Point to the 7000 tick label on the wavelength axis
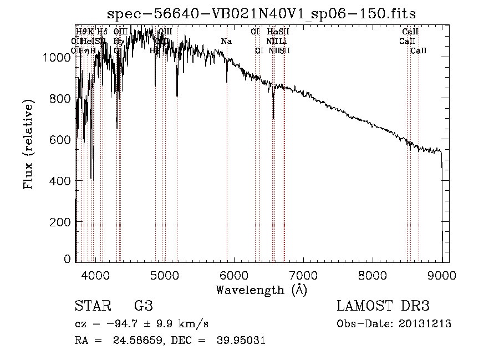pyautogui.click(x=303, y=275)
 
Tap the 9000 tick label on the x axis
pyautogui.click(x=442, y=275)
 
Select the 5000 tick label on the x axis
pyautogui.click(x=165, y=275)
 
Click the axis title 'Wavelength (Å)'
pyautogui.click(x=261, y=290)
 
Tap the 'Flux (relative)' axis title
pyautogui.click(x=28, y=144)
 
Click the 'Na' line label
pyautogui.click(x=226, y=42)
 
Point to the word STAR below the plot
pyautogui.click(x=93, y=306)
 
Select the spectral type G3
pyautogui.click(x=143, y=306)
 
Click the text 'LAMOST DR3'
pyautogui.click(x=383, y=306)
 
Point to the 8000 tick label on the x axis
pyautogui.click(x=373, y=275)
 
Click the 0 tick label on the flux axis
pyautogui.click(x=67, y=259)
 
